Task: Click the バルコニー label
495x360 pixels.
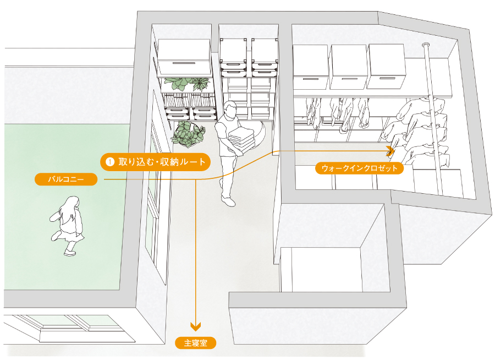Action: (x=65, y=179)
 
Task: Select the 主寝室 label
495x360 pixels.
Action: (x=196, y=343)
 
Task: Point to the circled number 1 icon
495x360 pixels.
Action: (x=110, y=162)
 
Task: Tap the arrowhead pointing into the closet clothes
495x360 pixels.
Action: (x=392, y=149)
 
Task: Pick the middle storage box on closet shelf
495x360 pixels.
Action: (x=348, y=67)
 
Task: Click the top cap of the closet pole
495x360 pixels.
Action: (x=426, y=45)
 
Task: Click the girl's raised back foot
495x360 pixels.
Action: (x=56, y=237)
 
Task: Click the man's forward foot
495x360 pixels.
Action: (x=229, y=201)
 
